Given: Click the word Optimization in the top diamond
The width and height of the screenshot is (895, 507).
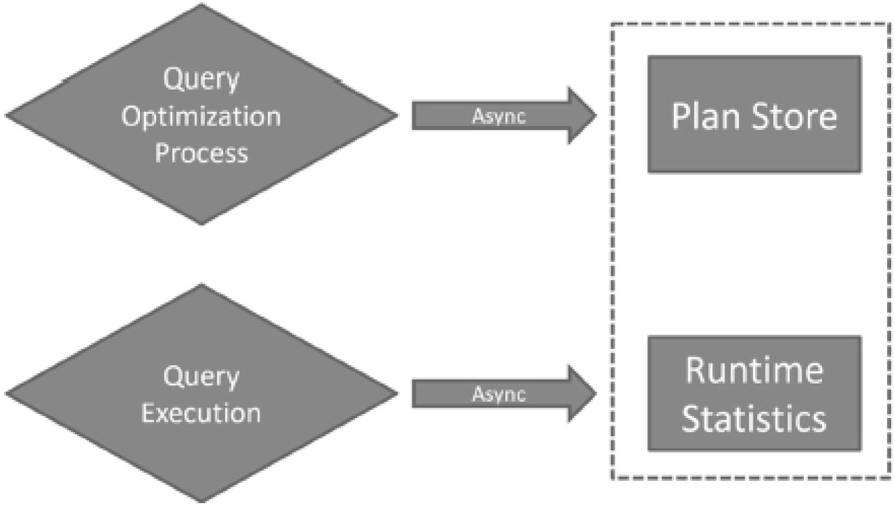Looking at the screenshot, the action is (201, 117).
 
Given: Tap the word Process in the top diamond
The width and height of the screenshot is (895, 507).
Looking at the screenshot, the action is (202, 153).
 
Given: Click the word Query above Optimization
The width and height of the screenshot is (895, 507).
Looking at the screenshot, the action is (201, 79).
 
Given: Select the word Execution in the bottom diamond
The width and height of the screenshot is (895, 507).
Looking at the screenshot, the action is (201, 413).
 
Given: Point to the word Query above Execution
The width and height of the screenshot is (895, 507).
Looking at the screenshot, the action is (201, 377).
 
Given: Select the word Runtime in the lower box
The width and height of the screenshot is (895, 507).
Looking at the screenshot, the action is (755, 370).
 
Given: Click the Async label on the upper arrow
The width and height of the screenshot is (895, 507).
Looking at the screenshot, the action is (499, 116).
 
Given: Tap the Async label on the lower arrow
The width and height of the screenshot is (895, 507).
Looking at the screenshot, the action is (499, 395).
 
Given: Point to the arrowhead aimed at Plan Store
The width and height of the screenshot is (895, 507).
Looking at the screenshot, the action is (582, 115).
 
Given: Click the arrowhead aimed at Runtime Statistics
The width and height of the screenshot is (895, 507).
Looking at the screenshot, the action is (582, 394).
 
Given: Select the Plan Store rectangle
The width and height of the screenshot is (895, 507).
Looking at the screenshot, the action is (755, 114).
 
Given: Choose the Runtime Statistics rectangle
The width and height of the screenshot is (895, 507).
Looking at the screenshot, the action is (755, 394).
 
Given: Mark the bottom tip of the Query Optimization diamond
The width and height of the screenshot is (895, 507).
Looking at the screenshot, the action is (202, 225).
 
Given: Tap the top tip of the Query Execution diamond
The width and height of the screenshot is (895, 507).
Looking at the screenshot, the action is (202, 284).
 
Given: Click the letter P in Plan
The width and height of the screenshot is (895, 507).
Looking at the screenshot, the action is (681, 116).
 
